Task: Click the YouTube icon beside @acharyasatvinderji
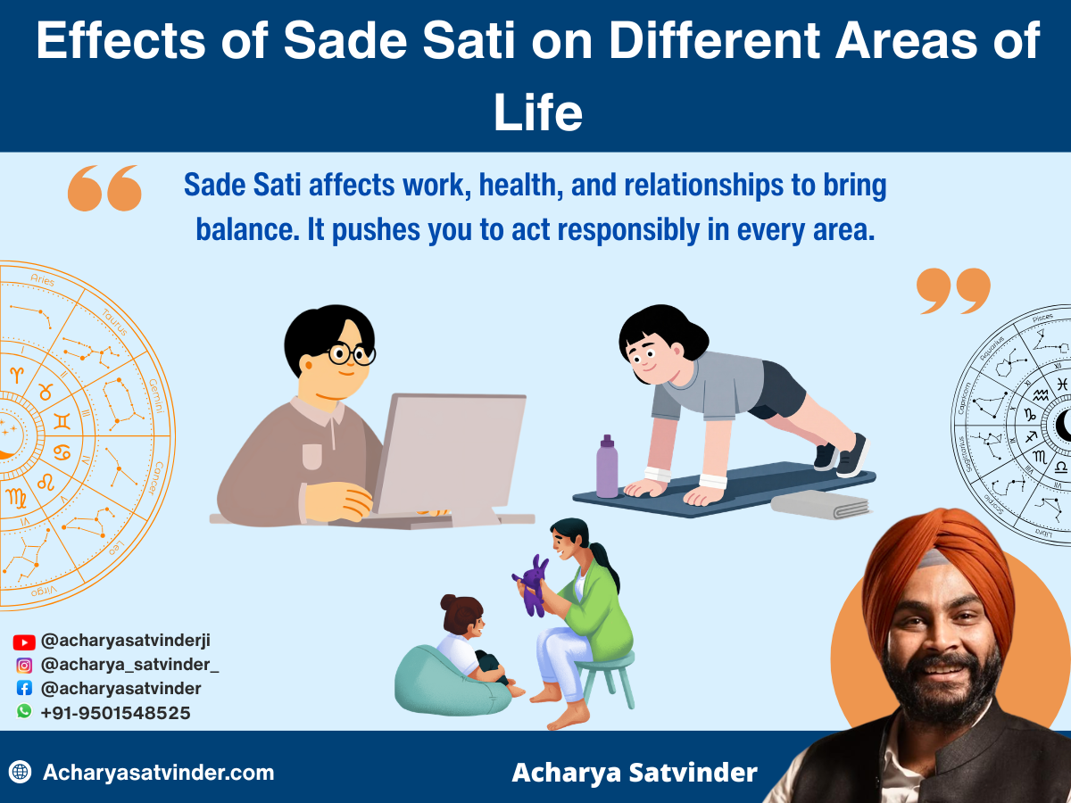[x=24, y=642]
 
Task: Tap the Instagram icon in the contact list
[x=24, y=665]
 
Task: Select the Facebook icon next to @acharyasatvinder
[x=24, y=689]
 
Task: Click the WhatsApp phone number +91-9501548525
[x=115, y=713]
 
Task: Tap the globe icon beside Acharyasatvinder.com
[x=21, y=772]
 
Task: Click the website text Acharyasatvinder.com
[x=158, y=772]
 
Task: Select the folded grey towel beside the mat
[x=820, y=504]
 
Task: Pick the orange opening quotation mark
[x=104, y=188]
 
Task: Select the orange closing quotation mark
[x=953, y=291]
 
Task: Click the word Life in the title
[x=537, y=114]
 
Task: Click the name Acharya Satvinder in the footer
[x=634, y=772]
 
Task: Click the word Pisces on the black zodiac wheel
[x=1042, y=318]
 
